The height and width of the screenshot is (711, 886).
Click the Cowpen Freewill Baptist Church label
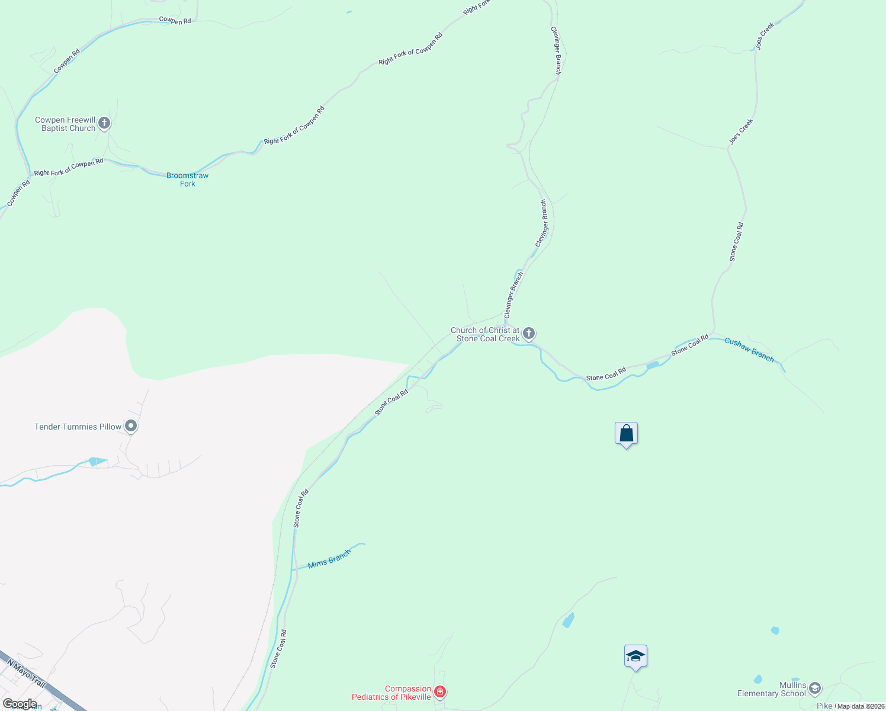click(x=65, y=124)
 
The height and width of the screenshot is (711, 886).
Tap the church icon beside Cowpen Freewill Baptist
click(x=104, y=123)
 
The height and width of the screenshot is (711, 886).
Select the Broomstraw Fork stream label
click(x=188, y=180)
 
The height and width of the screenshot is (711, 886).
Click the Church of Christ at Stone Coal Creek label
click(x=485, y=334)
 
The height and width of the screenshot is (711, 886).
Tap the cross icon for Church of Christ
click(x=529, y=333)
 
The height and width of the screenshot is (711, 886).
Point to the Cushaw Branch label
click(x=749, y=350)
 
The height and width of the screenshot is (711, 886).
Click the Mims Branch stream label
click(x=329, y=559)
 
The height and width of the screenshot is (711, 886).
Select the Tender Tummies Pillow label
click(x=78, y=427)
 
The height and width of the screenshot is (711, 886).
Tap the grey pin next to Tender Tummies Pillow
click(x=131, y=426)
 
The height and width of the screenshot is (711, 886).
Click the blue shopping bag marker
click(x=626, y=434)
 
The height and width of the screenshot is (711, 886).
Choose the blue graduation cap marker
click(x=635, y=656)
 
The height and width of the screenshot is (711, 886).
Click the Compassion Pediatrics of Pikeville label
click(x=391, y=693)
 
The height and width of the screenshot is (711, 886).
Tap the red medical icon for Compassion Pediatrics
click(x=439, y=691)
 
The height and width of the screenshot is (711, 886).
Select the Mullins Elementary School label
click(x=772, y=689)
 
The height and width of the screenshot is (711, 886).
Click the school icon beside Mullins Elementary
click(x=815, y=688)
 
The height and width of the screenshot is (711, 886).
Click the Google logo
click(x=20, y=704)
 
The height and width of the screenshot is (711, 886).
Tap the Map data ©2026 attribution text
click(x=861, y=706)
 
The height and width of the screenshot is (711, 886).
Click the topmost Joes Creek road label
click(x=765, y=36)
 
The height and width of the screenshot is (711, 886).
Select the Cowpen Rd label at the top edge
click(x=175, y=21)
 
